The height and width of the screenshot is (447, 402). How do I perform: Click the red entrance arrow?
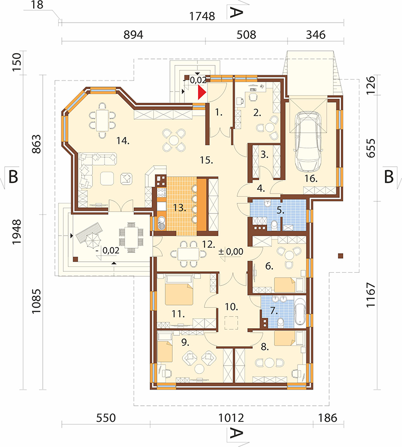pos(202,93)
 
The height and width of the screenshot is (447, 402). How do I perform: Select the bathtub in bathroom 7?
pos(300,312)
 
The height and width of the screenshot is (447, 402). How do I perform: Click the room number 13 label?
pos(179,207)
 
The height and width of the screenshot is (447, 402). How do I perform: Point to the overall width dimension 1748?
pos(202,16)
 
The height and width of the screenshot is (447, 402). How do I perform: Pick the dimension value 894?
pos(133,35)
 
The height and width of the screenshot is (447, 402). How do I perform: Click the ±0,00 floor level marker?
pos(231,252)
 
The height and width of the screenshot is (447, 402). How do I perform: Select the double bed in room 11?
pos(179,290)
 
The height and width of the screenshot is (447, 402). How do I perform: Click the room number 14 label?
pos(123,140)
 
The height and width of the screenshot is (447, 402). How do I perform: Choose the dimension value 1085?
pos(36,302)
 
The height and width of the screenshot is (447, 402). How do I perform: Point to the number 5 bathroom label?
pos(280,210)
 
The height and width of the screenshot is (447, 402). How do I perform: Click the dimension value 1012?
pos(231,418)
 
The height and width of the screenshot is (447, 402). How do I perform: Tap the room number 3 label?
pos(264,155)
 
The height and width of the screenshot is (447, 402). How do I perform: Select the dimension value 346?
pos(316,35)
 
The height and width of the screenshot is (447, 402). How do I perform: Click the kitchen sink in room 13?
pos(161,222)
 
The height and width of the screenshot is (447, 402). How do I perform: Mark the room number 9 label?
pos(185,342)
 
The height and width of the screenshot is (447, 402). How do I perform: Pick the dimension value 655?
pos(370,148)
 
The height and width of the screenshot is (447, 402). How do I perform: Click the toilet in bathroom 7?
pos(280,323)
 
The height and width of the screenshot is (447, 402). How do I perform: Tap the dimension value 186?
pos(328,418)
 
